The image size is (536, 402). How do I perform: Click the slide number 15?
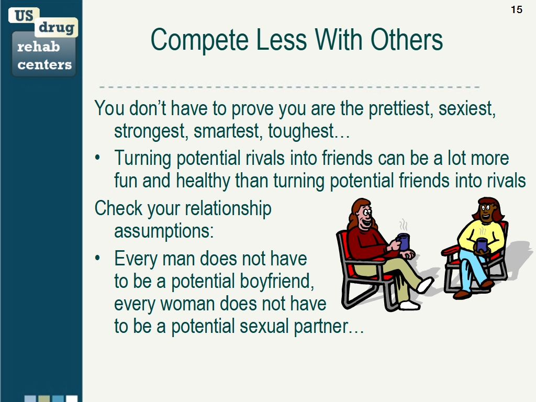[516, 9]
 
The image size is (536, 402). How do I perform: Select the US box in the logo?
[24, 15]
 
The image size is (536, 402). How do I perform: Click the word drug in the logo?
[57, 28]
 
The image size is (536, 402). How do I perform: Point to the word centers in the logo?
[44, 65]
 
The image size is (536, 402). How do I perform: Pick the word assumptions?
[164, 230]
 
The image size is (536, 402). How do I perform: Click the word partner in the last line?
[320, 326]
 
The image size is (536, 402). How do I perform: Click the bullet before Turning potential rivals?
[98, 159]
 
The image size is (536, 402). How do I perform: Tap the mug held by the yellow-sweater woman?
[481, 244]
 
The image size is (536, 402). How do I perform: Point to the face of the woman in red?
[364, 215]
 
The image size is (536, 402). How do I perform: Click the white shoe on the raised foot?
[425, 285]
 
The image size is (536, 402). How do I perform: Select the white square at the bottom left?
[72, 398]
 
